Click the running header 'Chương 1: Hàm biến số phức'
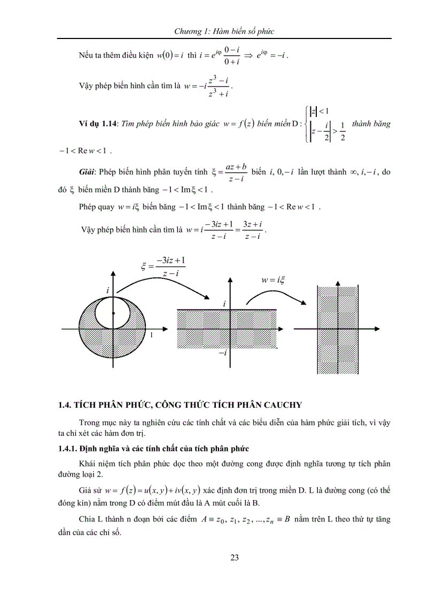tap(224, 32)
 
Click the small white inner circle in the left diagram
tap(113, 318)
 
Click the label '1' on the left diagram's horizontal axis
tap(151, 335)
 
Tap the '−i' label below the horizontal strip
tap(221, 353)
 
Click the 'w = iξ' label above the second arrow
tap(272, 279)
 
